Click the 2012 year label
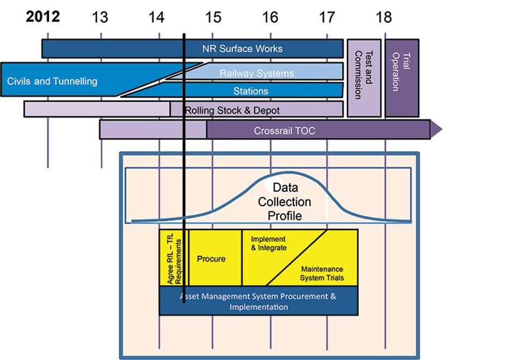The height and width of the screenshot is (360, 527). (43, 16)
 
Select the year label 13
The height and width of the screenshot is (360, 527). (100, 17)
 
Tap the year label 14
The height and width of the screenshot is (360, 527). (156, 17)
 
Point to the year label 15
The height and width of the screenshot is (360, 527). (213, 17)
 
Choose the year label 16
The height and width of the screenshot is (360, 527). (270, 17)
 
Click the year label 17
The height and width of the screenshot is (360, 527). (326, 17)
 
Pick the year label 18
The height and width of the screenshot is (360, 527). (383, 17)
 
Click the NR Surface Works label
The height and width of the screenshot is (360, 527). (242, 48)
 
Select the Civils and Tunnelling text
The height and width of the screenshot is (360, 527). (52, 82)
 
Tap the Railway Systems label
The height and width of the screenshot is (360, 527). (257, 74)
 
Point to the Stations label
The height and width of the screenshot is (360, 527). (251, 91)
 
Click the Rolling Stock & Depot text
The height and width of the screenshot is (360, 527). (232, 110)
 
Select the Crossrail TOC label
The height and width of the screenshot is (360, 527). (284, 131)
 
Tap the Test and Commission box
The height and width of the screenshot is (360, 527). (364, 78)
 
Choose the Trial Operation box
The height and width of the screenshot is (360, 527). (401, 78)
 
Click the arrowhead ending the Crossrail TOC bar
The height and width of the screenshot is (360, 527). (436, 129)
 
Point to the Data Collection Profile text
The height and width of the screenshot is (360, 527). (284, 201)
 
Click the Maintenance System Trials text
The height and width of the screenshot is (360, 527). (322, 273)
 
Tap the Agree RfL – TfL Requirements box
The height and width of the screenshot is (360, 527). (174, 258)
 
